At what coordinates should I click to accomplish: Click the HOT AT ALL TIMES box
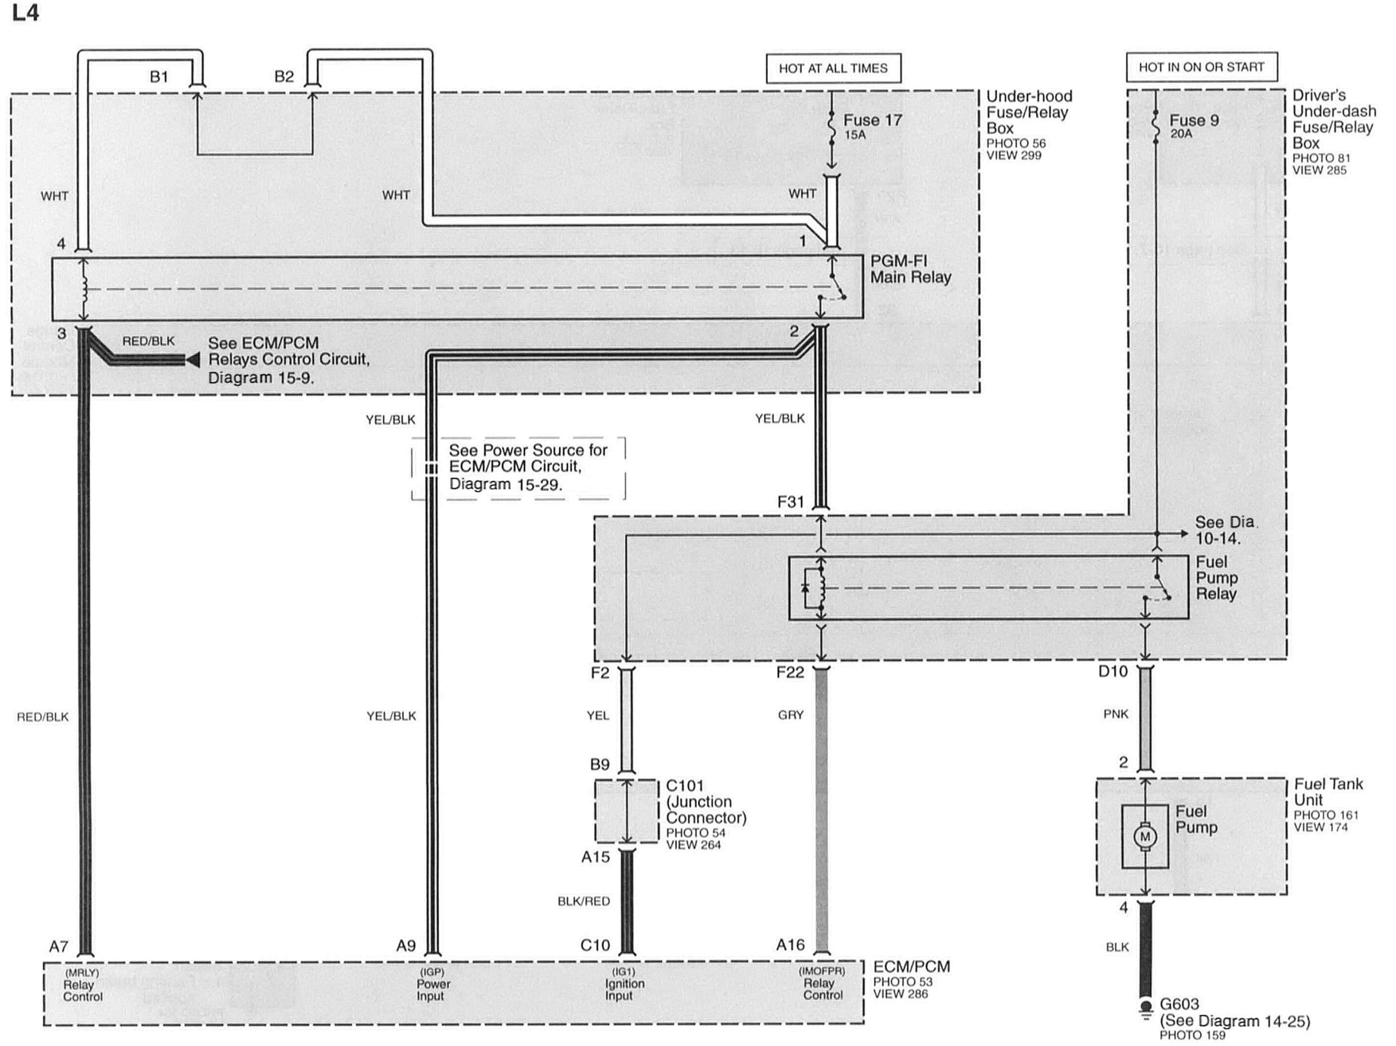pyautogui.click(x=833, y=68)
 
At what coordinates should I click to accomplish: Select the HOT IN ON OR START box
pyautogui.click(x=1202, y=67)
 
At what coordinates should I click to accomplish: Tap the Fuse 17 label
pyautogui.click(x=873, y=120)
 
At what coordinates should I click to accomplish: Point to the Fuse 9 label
pyautogui.click(x=1194, y=120)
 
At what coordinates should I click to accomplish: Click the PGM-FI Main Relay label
pyautogui.click(x=911, y=269)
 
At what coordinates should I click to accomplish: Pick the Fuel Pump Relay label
pyautogui.click(x=1216, y=578)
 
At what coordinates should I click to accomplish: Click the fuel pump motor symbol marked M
pyautogui.click(x=1145, y=837)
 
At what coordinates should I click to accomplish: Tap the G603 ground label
pyautogui.click(x=1179, y=1004)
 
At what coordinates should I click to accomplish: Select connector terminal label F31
pyautogui.click(x=791, y=502)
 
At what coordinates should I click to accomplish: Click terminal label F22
pyautogui.click(x=790, y=673)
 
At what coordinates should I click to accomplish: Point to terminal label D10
pyautogui.click(x=1113, y=672)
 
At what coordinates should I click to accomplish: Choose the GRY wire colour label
pyautogui.click(x=791, y=715)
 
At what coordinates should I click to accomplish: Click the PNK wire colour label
pyautogui.click(x=1116, y=714)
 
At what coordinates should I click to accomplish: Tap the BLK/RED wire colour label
pyautogui.click(x=584, y=902)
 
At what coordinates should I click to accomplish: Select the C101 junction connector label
pyautogui.click(x=685, y=786)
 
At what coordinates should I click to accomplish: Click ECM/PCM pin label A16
pyautogui.click(x=791, y=945)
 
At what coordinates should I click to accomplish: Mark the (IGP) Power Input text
pyautogui.click(x=433, y=984)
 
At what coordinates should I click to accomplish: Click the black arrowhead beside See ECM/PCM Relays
pyautogui.click(x=193, y=360)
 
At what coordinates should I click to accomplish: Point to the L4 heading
pyautogui.click(x=25, y=13)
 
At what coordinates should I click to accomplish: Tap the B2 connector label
pyautogui.click(x=284, y=76)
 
